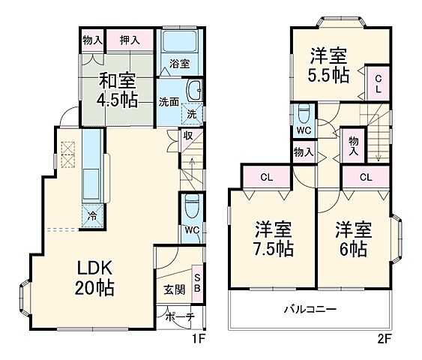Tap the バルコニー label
(x=310, y=309)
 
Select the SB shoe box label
(x=197, y=282)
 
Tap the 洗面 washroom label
(x=169, y=102)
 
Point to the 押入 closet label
(x=129, y=38)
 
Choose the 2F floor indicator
(x=383, y=337)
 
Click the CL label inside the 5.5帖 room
(x=379, y=82)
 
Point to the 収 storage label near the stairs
(x=188, y=136)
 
